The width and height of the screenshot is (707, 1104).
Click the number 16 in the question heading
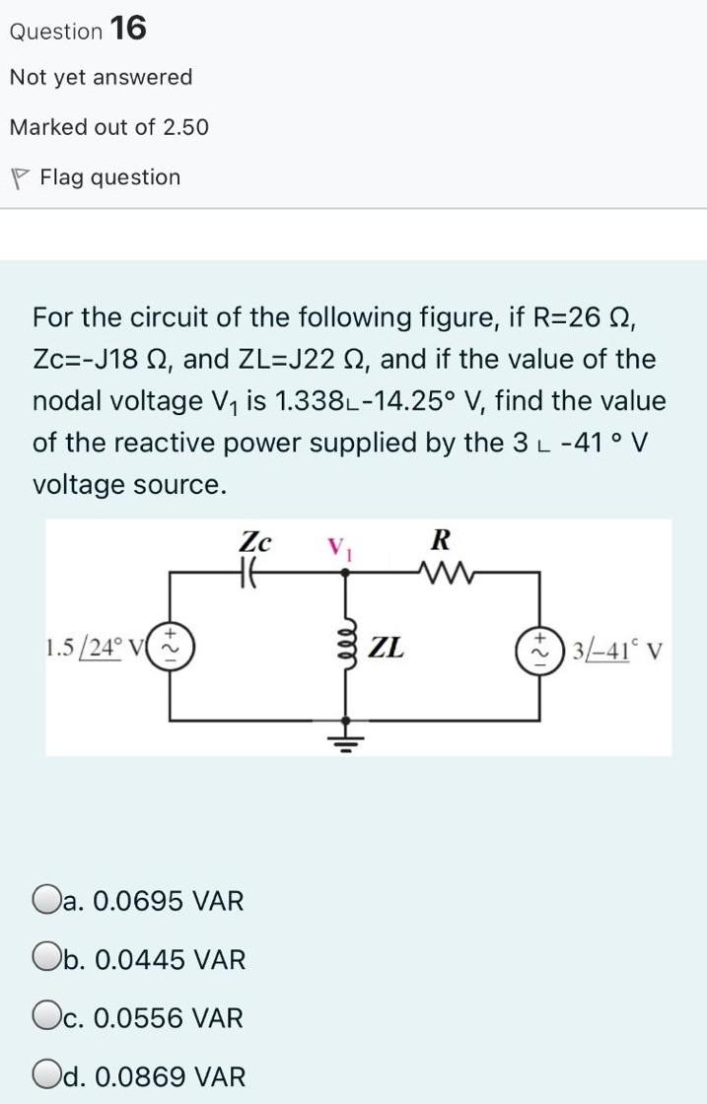pyautogui.click(x=129, y=30)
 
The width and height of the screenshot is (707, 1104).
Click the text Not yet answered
pyautogui.click(x=101, y=77)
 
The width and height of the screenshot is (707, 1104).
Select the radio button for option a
pyautogui.click(x=43, y=900)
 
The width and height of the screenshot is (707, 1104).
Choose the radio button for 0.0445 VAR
pyautogui.click(x=43, y=959)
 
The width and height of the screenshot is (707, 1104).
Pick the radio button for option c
pyautogui.click(x=43, y=1018)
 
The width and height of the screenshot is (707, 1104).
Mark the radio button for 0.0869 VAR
pyautogui.click(x=43, y=1076)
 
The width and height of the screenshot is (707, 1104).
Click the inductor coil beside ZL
pyautogui.click(x=346, y=648)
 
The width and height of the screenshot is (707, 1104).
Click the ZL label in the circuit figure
pyautogui.click(x=386, y=648)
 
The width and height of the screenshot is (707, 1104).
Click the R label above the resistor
pyautogui.click(x=441, y=539)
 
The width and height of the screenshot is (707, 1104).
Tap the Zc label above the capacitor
pyautogui.click(x=254, y=540)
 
